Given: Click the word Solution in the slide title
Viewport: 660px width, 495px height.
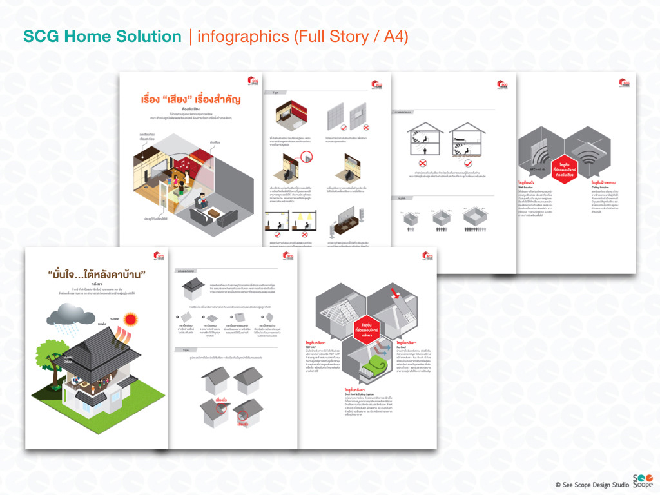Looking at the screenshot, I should click(151, 37).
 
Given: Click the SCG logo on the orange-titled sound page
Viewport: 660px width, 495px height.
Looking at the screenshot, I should click(253, 82).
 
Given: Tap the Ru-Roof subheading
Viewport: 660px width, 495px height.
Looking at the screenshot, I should click(402, 346).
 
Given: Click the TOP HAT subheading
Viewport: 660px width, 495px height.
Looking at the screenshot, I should click(313, 346).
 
